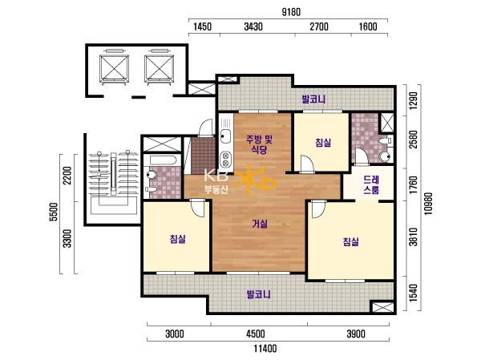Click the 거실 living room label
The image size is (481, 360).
coord(260,224)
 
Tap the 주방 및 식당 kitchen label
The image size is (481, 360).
coord(259,144)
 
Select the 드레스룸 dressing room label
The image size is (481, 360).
coord(371,184)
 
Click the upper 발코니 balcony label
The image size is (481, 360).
coord(313,99)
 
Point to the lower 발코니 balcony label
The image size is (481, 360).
coord(259,294)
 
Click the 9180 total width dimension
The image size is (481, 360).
coord(291,12)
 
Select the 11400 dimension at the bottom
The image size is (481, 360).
coord(265,349)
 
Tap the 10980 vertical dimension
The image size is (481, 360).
coord(428,204)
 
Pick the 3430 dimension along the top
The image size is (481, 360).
coord(253,26)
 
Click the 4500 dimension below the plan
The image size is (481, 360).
coord(256,334)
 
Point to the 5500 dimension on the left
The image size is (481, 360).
coord(54,212)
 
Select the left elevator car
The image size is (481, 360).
coord(114,68)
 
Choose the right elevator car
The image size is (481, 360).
coord(160,68)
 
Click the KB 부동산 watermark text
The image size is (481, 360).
coord(216,182)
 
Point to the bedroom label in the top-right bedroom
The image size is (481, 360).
coord(323,143)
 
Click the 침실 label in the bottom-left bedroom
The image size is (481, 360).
coord(178,239)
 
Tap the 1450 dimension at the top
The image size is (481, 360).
coord(203,26)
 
